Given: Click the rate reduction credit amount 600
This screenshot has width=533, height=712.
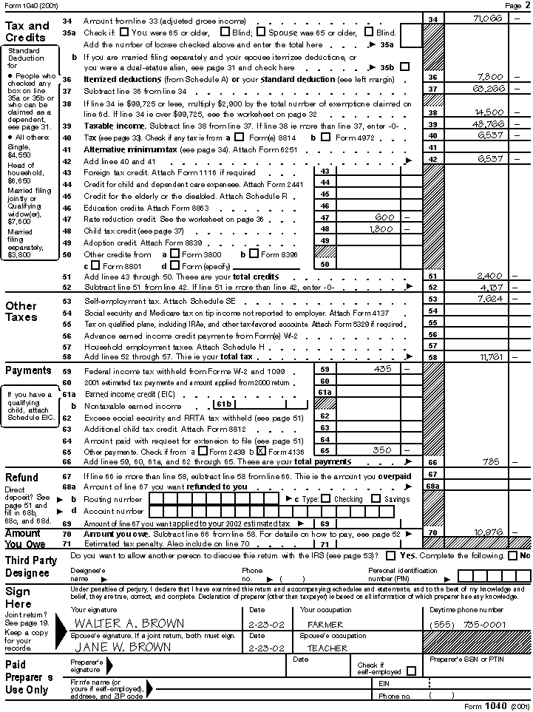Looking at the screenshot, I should (384, 218).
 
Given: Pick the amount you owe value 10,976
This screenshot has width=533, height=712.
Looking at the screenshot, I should (489, 532).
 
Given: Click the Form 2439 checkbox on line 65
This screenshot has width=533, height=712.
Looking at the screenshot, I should (203, 451).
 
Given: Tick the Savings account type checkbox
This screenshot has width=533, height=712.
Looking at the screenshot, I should (376, 499).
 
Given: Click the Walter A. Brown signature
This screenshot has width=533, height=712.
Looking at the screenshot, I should (129, 623).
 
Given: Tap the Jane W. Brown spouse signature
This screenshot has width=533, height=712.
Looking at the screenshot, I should (123, 648).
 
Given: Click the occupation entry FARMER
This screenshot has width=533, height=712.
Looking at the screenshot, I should (325, 624).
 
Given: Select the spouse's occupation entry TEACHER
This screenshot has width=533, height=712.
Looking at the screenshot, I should (327, 648).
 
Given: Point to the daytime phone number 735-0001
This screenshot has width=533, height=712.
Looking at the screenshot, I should (484, 624).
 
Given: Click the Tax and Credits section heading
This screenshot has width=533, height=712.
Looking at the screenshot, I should (27, 31).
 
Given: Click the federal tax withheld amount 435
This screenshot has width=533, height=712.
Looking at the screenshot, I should (383, 369).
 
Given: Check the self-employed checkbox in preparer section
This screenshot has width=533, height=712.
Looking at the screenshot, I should (411, 671).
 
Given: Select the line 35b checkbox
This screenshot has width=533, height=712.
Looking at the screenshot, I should (404, 67).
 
